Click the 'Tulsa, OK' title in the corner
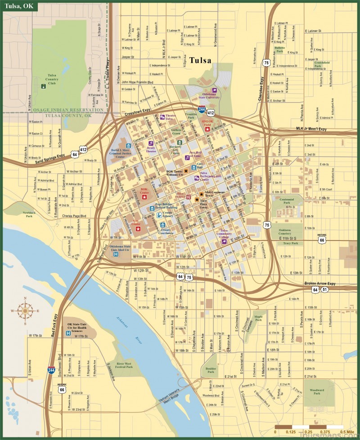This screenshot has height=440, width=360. pyautogui.click(x=19, y=6)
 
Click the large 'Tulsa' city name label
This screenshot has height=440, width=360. pyautogui.click(x=202, y=60)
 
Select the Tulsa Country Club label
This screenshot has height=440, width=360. pyautogui.click(x=53, y=79)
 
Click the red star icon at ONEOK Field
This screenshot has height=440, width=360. pyautogui.click(x=207, y=129)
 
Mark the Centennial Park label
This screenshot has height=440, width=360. pyautogui.click(x=286, y=200)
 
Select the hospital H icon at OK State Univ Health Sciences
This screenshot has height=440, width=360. pyautogui.click(x=68, y=333)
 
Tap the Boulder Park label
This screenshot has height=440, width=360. pyautogui.click(x=211, y=370)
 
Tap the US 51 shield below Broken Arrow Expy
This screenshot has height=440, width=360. pyautogui.click(x=324, y=290)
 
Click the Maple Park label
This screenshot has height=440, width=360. pyautogui.click(x=258, y=318)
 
